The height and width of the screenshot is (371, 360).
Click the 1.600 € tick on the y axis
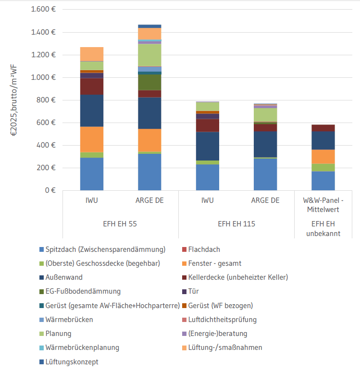(x=44, y=10)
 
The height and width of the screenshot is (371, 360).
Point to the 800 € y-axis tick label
(x=46, y=100)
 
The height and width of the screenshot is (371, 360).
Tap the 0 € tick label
(x=50, y=190)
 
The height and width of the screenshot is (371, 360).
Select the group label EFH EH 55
(x=121, y=224)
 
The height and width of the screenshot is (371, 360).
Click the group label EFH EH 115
(x=236, y=224)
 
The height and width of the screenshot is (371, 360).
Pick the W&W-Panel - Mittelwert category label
(x=323, y=205)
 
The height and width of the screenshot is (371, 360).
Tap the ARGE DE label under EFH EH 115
(x=265, y=200)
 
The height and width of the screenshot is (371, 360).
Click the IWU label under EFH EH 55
(x=92, y=200)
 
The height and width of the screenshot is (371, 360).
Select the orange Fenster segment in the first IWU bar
(x=92, y=139)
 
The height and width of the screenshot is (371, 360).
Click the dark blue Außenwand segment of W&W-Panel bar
(x=323, y=140)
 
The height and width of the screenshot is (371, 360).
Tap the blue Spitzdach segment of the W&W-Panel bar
(x=323, y=181)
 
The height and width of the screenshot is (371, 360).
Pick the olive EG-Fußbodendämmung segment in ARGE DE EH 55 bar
(x=149, y=82)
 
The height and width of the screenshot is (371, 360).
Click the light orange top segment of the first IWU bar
(x=92, y=54)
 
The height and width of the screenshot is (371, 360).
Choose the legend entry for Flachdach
(x=204, y=249)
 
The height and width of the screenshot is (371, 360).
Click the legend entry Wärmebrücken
(x=69, y=320)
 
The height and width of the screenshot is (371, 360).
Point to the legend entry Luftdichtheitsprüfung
(x=222, y=320)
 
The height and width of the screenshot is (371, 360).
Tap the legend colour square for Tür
(x=185, y=291)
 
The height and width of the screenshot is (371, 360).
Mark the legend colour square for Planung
(x=42, y=334)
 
